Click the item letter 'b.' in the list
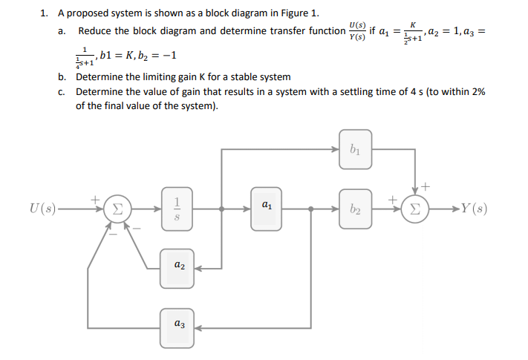[x=62, y=76]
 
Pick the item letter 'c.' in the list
[x=62, y=91]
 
